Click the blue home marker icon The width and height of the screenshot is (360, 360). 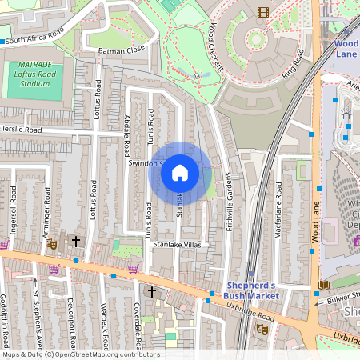click(x=180, y=173)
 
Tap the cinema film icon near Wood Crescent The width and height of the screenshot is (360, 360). click(x=263, y=11)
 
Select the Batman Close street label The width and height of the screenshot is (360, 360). click(x=122, y=49)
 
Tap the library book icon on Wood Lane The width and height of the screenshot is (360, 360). click(x=323, y=285)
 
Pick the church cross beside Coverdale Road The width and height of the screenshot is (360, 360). click(x=151, y=292)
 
